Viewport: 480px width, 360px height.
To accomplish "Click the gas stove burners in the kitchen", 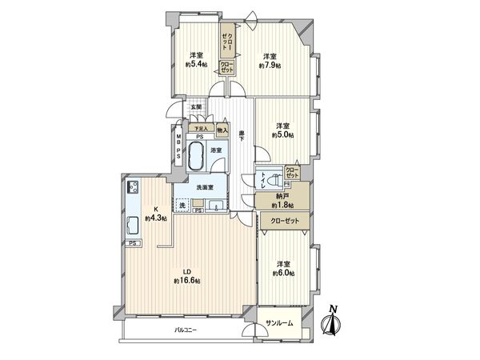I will pyautogui.click(x=134, y=190).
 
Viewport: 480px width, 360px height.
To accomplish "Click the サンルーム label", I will pyautogui.click(x=279, y=323).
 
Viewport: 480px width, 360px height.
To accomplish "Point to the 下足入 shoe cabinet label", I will pyautogui.click(x=200, y=128).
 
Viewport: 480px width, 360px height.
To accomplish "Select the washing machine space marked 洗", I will pyautogui.click(x=185, y=206).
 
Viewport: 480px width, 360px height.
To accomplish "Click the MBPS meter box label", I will pyautogui.click(x=178, y=150).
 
